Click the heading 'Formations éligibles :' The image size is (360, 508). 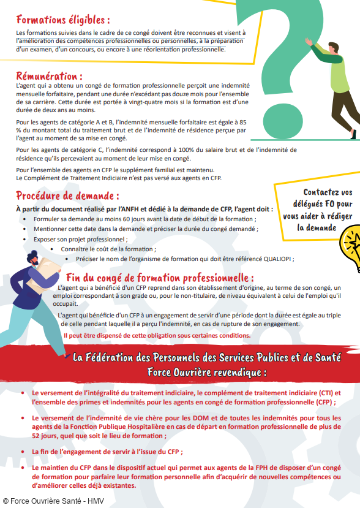(63, 20)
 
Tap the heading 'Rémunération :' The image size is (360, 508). (49, 77)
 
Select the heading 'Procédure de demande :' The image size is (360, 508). (67, 196)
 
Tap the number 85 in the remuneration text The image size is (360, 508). (226, 122)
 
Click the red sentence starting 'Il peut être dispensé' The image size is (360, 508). (157, 335)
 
